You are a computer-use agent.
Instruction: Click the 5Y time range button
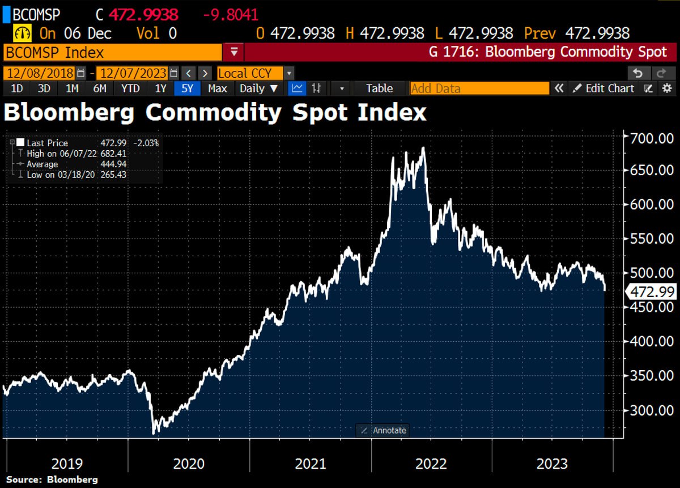pyautogui.click(x=187, y=88)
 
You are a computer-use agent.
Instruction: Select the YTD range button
pyautogui.click(x=130, y=88)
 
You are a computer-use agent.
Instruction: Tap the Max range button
pyautogui.click(x=218, y=88)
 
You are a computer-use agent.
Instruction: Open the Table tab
pyautogui.click(x=379, y=88)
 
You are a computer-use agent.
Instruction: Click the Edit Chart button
pyautogui.click(x=604, y=88)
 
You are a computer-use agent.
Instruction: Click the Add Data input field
pyautogui.click(x=479, y=88)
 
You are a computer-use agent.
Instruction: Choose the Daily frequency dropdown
pyautogui.click(x=258, y=88)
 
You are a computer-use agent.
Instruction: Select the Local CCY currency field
pyautogui.click(x=252, y=73)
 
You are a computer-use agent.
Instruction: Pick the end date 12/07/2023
pyautogui.click(x=132, y=73)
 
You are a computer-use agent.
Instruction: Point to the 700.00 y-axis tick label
pyautogui.click(x=652, y=138)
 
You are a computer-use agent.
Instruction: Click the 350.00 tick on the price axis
pyautogui.click(x=652, y=376)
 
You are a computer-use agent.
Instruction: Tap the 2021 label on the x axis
pyautogui.click(x=310, y=464)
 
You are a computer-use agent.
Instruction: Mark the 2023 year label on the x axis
pyautogui.click(x=551, y=464)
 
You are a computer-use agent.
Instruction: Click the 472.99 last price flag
pyautogui.click(x=652, y=292)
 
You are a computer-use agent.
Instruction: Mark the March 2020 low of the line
pyautogui.click(x=154, y=433)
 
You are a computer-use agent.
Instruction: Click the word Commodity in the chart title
pyautogui.click(x=212, y=112)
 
